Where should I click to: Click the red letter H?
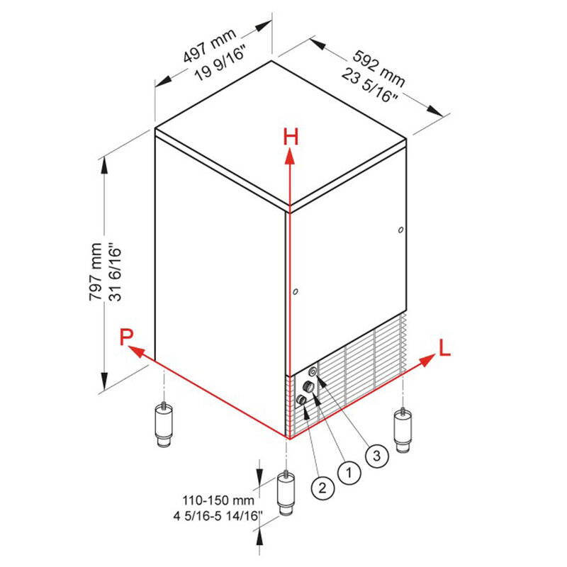click(291, 137)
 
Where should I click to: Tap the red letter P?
click(127, 337)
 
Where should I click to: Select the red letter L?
click(444, 348)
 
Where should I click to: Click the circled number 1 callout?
click(349, 472)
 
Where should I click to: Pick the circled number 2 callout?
click(322, 488)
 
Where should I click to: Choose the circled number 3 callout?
click(377, 456)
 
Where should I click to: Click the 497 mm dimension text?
click(209, 46)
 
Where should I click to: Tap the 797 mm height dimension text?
click(96, 271)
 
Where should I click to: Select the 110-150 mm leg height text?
click(218, 500)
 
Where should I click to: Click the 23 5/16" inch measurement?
click(369, 85)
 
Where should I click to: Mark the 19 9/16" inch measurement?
click(220, 65)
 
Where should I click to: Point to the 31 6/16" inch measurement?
click(116, 274)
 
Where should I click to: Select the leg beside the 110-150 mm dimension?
click(286, 493)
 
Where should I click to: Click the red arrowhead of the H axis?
click(289, 157)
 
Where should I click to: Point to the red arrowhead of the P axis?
click(136, 350)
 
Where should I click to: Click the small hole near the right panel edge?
click(400, 230)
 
